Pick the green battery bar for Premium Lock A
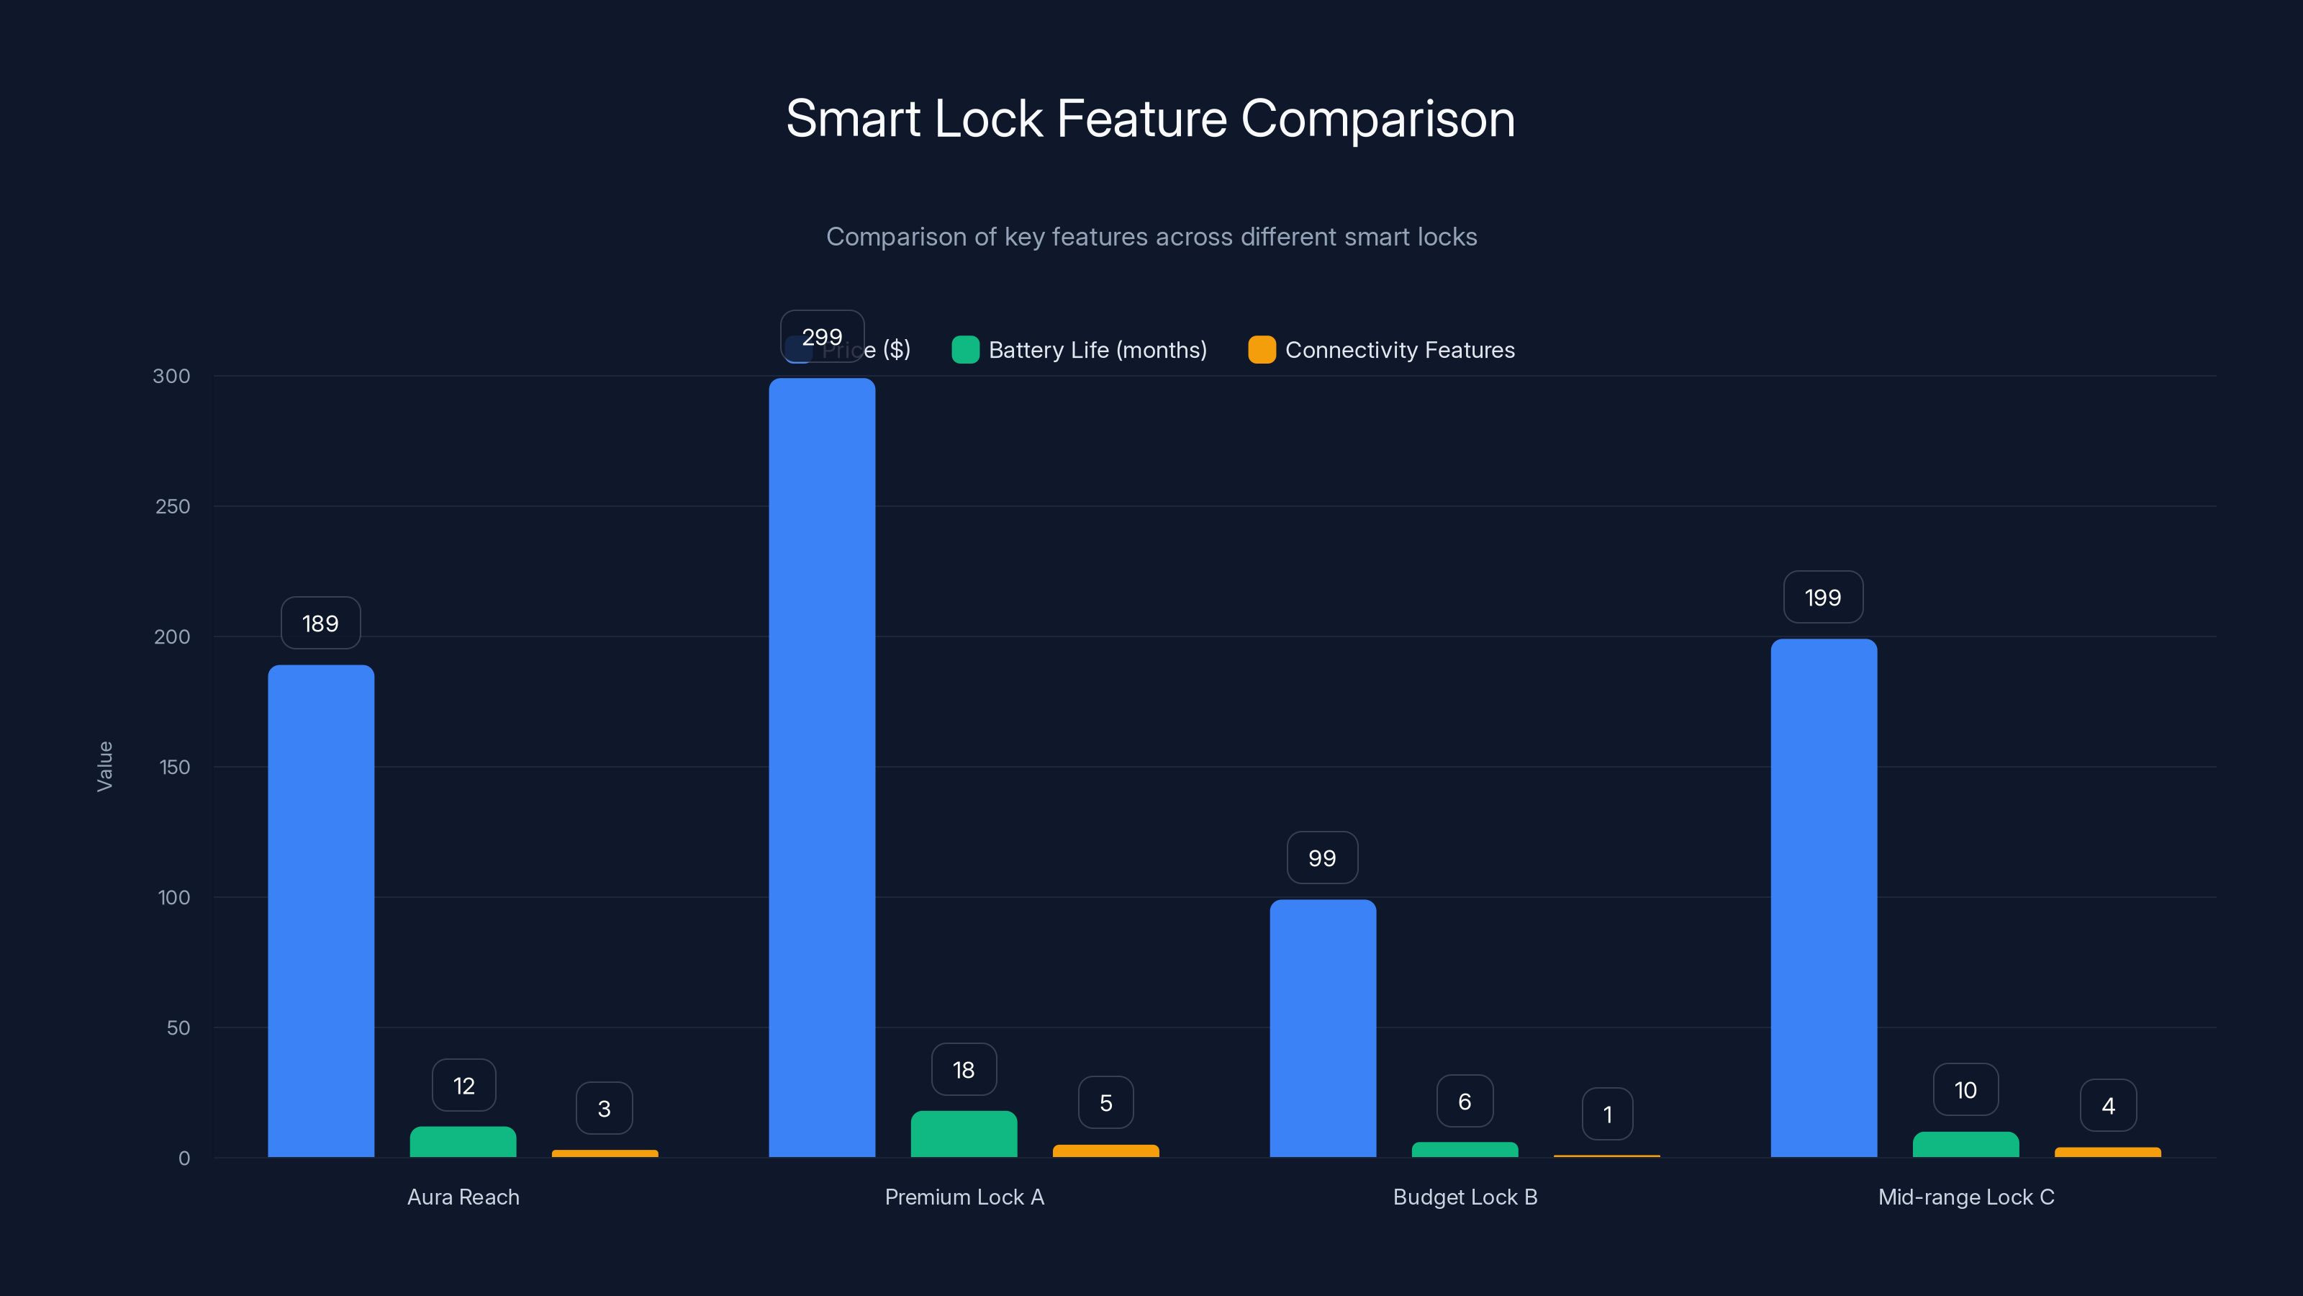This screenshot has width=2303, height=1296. point(964,1134)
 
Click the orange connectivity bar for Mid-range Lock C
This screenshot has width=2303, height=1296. point(2107,1152)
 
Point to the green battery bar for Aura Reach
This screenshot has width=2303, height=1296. point(463,1142)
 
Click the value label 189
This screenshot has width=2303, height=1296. point(320,624)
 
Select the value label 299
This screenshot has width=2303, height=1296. point(822,337)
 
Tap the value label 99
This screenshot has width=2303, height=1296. point(1322,858)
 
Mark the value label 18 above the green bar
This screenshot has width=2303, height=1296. point(964,1070)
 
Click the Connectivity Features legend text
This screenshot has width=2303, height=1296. point(1400,350)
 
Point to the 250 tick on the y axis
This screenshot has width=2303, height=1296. point(173,506)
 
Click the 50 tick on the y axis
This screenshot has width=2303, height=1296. point(178,1027)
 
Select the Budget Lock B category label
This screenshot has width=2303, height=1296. point(1465,1197)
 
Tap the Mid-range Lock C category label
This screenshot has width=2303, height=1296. point(1966,1197)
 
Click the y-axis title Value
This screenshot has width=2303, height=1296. point(104,767)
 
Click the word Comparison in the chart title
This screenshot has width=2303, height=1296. point(1377,119)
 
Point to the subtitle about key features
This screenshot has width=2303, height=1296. point(1151,237)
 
